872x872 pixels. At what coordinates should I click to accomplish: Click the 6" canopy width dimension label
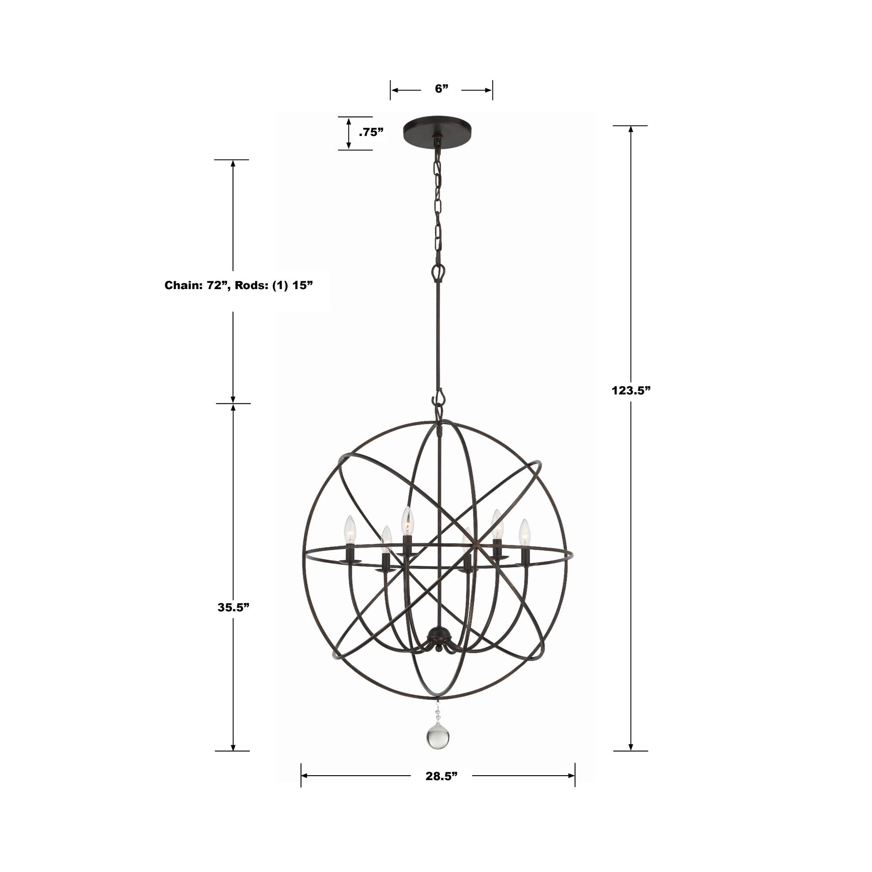coord(441,89)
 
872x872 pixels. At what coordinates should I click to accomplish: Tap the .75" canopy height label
coord(371,132)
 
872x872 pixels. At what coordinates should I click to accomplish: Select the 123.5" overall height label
coord(630,390)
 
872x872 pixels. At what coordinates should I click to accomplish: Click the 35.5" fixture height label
coord(233,607)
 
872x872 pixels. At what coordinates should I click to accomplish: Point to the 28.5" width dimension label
coord(441,777)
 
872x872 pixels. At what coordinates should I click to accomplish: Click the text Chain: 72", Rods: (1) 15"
coord(238,285)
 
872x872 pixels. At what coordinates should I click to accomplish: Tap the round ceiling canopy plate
coord(437,131)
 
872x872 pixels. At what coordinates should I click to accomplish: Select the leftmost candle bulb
coord(350,530)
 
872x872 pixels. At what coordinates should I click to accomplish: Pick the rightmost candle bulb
coord(524,533)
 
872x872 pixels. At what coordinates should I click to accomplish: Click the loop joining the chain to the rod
coord(438,272)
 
